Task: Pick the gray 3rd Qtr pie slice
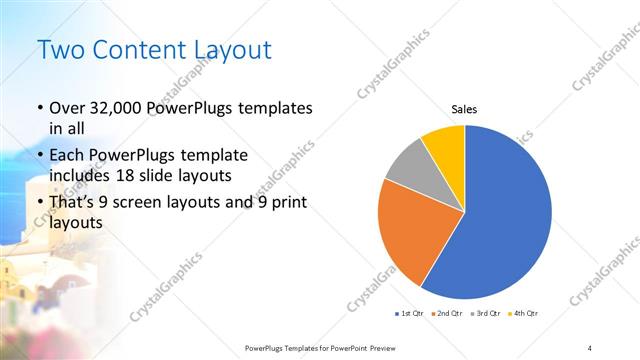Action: click(x=408, y=164)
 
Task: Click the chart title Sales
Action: click(x=465, y=108)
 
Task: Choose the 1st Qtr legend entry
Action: click(x=412, y=314)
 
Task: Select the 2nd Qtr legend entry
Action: click(x=449, y=314)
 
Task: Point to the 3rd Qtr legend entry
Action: click(x=487, y=314)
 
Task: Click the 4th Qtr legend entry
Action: click(x=525, y=314)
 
